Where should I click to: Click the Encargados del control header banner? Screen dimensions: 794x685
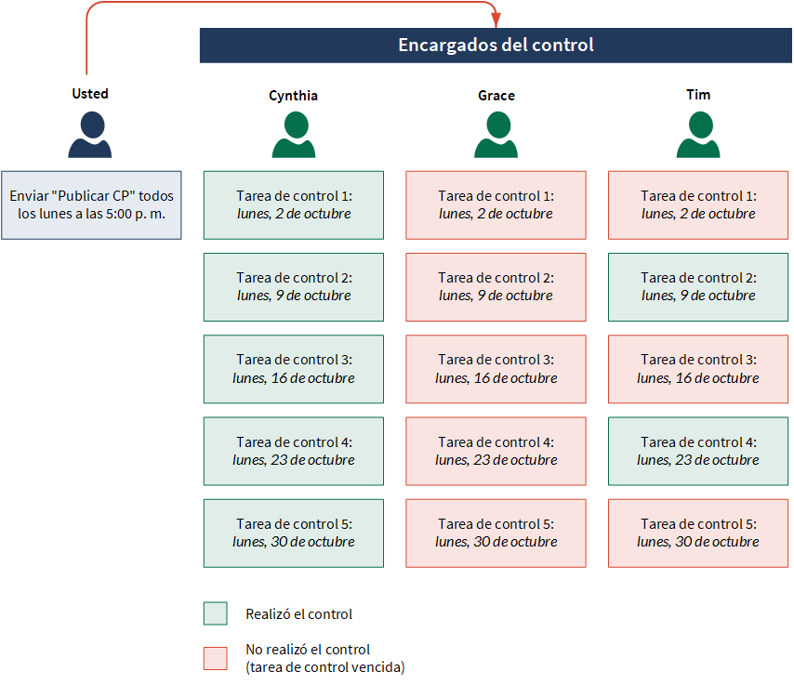point(496,45)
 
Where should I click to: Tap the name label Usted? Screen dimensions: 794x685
point(90,94)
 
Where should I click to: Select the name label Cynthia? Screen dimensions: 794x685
point(293,96)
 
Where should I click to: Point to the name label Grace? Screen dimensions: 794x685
point(496,96)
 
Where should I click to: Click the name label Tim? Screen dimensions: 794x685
point(698,95)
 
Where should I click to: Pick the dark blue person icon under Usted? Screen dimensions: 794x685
point(90,135)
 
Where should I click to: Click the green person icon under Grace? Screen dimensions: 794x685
point(496,135)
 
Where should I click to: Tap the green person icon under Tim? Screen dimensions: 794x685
point(698,135)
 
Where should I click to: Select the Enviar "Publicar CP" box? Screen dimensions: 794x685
point(91,205)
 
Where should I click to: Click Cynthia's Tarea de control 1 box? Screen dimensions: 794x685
point(294,205)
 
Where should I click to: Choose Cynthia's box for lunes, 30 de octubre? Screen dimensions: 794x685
point(294,534)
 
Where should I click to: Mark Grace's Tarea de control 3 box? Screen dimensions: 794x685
point(496,369)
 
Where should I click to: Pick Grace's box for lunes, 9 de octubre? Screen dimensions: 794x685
point(496,287)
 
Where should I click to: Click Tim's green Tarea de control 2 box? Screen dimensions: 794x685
point(698,287)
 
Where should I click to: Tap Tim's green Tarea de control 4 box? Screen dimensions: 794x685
point(698,451)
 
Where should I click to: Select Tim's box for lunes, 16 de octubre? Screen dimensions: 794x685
point(698,369)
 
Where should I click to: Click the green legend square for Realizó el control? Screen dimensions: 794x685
point(215,613)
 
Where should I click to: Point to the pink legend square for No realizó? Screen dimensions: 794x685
point(215,658)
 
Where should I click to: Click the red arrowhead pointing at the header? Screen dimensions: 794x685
point(496,20)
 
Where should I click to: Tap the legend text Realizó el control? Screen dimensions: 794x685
point(298,614)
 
